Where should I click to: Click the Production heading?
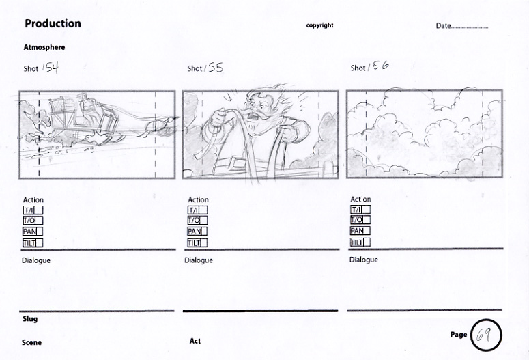point(53,23)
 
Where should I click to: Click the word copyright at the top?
point(319,25)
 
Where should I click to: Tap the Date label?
point(443,26)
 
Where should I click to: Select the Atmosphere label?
point(44,47)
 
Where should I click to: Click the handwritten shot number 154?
point(51,68)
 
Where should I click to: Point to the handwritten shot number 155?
point(214,68)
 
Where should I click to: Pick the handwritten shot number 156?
point(378,66)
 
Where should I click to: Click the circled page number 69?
point(486,335)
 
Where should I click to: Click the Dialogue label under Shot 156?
point(363,260)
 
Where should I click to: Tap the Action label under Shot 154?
point(33,200)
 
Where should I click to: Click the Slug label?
point(30,319)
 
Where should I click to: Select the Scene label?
point(31,342)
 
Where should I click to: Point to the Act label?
point(195,341)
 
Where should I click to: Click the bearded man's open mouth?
point(251,117)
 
